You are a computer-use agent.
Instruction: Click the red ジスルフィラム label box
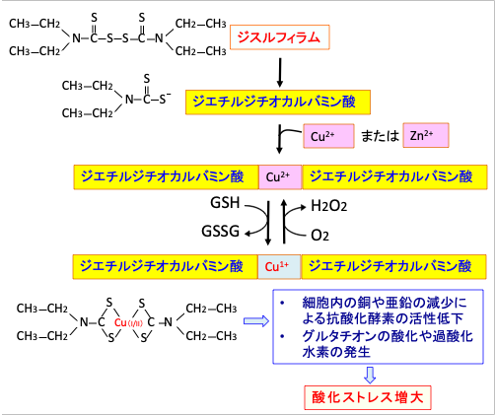pos(280,37)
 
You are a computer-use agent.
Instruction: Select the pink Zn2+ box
pos(426,135)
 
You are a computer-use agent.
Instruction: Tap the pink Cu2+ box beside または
pos(328,136)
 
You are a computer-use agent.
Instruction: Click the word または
pos(380,136)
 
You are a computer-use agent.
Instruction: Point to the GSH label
pos(225,203)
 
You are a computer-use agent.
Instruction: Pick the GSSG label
pos(221,232)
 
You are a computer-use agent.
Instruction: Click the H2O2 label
pos(329,206)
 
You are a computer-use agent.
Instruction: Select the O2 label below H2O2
pos(319,236)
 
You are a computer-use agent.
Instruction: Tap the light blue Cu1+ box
pos(279,267)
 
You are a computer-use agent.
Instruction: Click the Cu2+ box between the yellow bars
pos(280,177)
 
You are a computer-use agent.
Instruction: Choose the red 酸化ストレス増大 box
pos(368,397)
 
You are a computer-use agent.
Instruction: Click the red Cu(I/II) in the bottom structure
pos(128,322)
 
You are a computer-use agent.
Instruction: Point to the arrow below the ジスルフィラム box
pos(280,73)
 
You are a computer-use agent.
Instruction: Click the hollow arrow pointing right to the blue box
pos(256,320)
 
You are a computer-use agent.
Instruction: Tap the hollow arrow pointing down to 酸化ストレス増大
pos(370,375)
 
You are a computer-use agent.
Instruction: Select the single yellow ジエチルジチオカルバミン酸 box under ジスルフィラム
pos(278,103)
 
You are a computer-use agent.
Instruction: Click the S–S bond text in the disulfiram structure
pos(117,38)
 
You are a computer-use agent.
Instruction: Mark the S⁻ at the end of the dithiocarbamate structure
pos(165,99)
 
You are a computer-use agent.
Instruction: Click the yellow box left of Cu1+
pos(165,267)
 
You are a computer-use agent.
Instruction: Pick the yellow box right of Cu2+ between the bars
pos(394,177)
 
